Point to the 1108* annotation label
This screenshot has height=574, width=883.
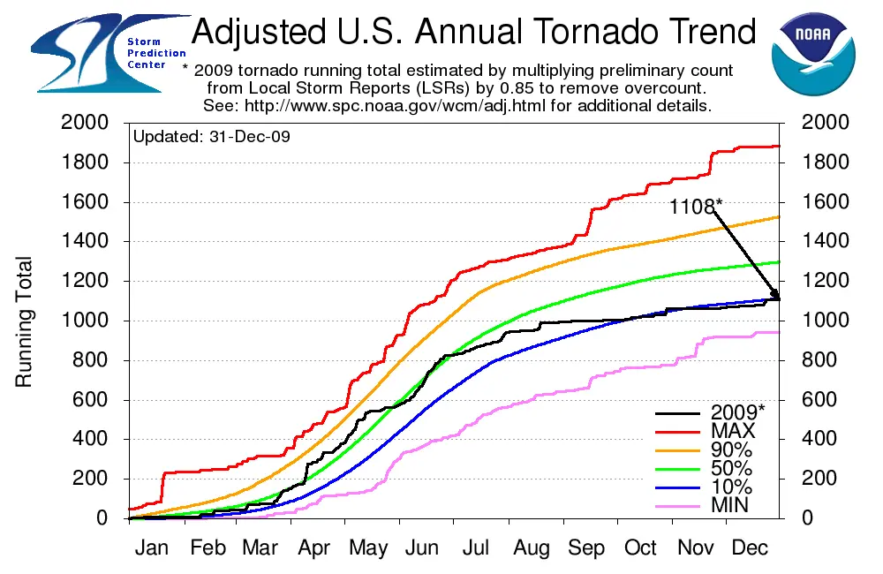tap(695, 207)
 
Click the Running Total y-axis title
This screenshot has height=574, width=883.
tap(24, 321)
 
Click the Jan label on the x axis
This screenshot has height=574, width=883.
tap(153, 548)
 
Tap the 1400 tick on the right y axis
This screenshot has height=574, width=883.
tap(822, 242)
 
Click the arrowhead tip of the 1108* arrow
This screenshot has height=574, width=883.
tap(779, 298)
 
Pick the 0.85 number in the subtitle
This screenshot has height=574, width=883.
tap(528, 88)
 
